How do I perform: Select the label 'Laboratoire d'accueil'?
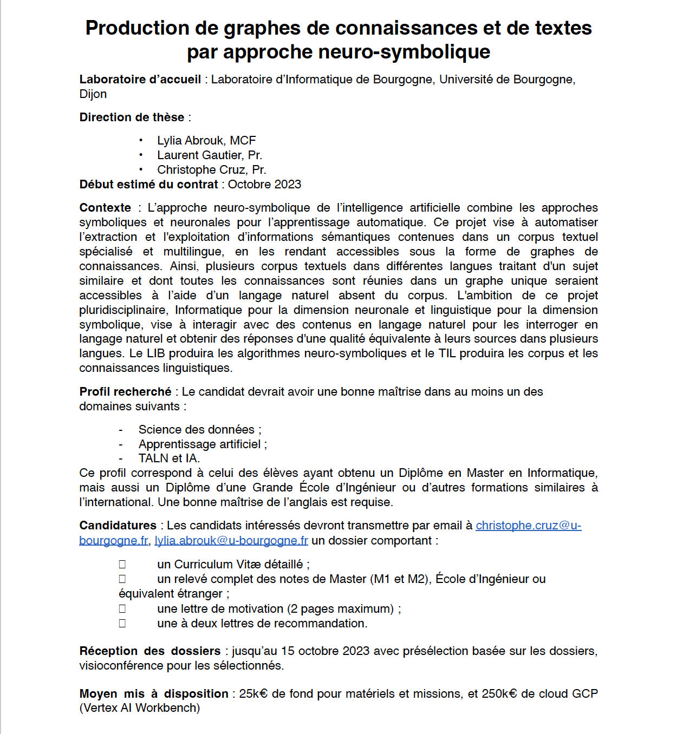click(140, 80)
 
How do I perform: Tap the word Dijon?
click(93, 94)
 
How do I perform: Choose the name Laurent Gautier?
click(199, 155)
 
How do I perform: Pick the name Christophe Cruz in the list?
click(201, 170)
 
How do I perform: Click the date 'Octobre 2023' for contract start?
click(264, 185)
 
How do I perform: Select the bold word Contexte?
click(105, 208)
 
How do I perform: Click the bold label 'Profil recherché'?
click(125, 392)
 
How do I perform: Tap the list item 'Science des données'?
click(196, 430)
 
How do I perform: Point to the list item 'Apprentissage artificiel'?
click(199, 444)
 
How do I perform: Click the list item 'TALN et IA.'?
click(169, 458)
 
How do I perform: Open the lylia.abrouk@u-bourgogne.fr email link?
click(231, 541)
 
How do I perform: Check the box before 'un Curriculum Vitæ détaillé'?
click(122, 565)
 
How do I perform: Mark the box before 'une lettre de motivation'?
click(122, 609)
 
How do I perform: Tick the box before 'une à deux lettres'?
click(122, 624)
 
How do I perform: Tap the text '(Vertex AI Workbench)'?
click(140, 708)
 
